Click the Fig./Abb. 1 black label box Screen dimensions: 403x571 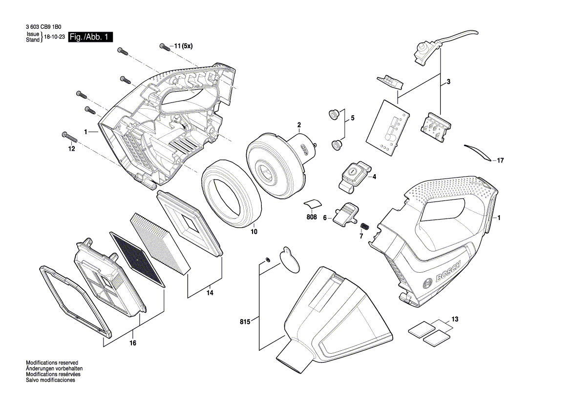click(x=90, y=37)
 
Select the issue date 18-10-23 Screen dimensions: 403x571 click(x=54, y=37)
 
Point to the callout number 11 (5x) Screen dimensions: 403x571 click(x=183, y=46)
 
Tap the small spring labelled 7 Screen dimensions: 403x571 click(x=365, y=227)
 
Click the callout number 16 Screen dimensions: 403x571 click(x=132, y=343)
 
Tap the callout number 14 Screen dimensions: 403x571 click(x=210, y=293)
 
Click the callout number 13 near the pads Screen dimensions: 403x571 click(x=455, y=320)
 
